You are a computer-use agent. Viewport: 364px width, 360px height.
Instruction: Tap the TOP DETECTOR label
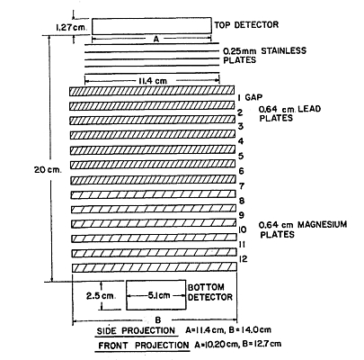246,24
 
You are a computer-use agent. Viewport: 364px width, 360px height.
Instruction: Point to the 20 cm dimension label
48,170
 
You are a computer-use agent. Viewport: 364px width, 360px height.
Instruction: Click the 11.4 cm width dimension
153,81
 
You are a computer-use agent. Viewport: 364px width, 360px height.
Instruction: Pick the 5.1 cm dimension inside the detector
159,295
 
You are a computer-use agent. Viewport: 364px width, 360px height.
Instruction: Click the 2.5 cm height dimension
101,296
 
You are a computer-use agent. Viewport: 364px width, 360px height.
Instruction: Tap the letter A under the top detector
155,39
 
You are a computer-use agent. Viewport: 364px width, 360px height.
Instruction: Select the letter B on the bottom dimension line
158,320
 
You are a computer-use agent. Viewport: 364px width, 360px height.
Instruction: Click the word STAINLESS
283,50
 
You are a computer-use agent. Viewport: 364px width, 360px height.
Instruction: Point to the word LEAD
309,108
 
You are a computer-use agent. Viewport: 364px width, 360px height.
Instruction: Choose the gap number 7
241,186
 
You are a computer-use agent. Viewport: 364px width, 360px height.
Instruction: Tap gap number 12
243,259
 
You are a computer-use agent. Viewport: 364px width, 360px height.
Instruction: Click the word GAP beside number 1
253,97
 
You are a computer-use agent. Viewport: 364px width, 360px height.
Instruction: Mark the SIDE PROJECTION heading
136,330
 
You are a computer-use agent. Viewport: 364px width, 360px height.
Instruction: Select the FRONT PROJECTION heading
144,346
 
